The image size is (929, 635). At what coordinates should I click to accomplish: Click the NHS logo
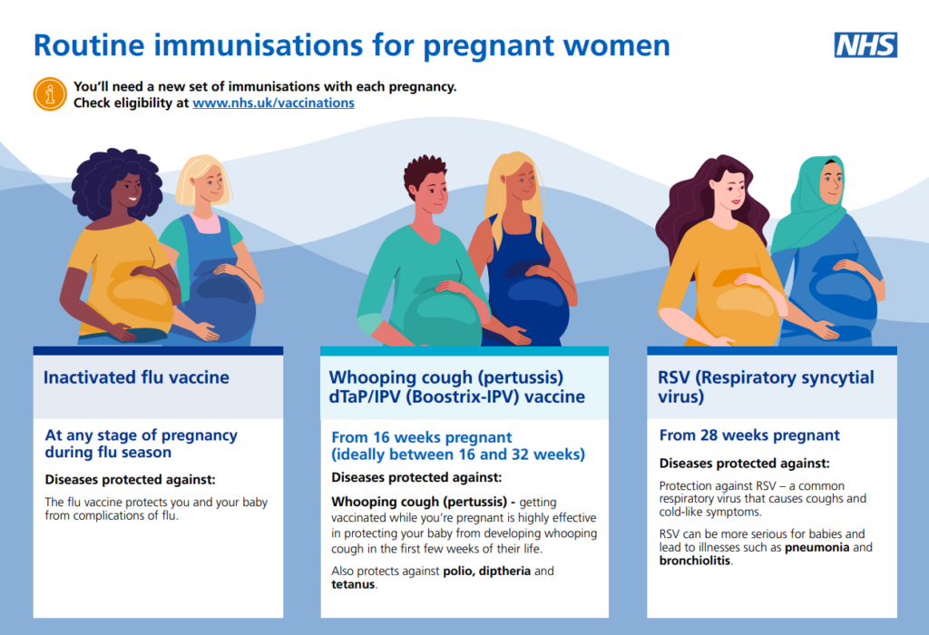coord(865,45)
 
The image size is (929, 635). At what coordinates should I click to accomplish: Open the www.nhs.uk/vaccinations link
coord(274,103)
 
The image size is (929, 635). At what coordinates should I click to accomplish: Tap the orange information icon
coord(50,94)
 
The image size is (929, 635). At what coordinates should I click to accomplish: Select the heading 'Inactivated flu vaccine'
coord(136,377)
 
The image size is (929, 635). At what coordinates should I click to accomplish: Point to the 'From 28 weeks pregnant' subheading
coord(749,435)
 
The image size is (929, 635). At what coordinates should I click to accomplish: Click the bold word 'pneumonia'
coord(817,547)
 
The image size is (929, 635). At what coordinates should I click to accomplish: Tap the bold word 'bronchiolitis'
coord(695,561)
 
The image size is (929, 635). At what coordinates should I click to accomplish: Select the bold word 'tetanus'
coord(353,584)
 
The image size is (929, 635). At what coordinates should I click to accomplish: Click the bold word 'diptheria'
coord(504,571)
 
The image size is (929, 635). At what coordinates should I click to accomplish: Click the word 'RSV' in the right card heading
coord(674,377)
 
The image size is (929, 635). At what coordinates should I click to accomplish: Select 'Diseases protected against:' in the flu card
coord(131,479)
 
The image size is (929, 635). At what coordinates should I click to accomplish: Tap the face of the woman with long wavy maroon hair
coord(734,190)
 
